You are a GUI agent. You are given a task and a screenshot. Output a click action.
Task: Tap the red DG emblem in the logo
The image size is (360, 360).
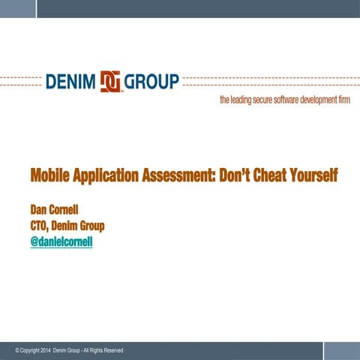[110, 81]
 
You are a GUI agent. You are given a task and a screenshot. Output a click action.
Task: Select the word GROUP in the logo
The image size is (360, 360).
[151, 81]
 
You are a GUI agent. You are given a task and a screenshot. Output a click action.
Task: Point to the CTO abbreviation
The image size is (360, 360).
[39, 225]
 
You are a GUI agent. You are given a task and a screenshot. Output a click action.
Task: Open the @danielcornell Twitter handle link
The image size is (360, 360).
[61, 242]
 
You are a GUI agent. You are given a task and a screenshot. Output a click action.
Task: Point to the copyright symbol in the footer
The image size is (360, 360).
[17, 351]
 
